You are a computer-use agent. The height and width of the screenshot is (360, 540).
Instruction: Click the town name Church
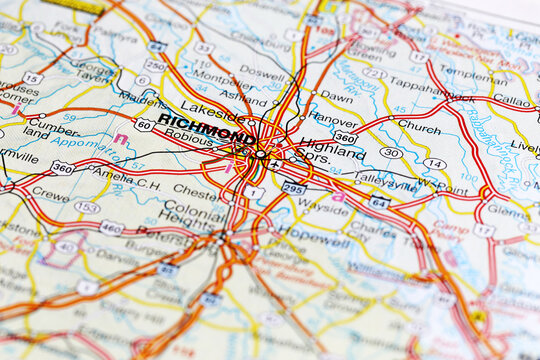tap(418, 127)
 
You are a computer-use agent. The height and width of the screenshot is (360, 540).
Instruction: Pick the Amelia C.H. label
tap(127, 172)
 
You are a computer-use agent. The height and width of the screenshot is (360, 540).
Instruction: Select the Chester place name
tap(198, 187)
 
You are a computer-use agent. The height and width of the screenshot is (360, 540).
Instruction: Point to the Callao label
tap(512, 101)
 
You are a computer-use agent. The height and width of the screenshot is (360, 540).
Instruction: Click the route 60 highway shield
tap(144, 124)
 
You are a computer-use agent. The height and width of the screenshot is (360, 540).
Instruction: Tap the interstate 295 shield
tap(294, 187)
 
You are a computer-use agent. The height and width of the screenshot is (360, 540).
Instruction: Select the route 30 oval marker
tap(391, 153)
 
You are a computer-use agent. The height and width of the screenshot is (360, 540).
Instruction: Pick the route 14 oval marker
tap(433, 163)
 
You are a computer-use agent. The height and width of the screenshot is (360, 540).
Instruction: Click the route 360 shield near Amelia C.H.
tap(62, 167)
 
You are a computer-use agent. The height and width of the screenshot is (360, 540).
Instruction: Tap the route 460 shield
tap(112, 228)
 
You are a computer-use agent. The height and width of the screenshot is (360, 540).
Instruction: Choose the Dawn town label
tap(336, 97)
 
